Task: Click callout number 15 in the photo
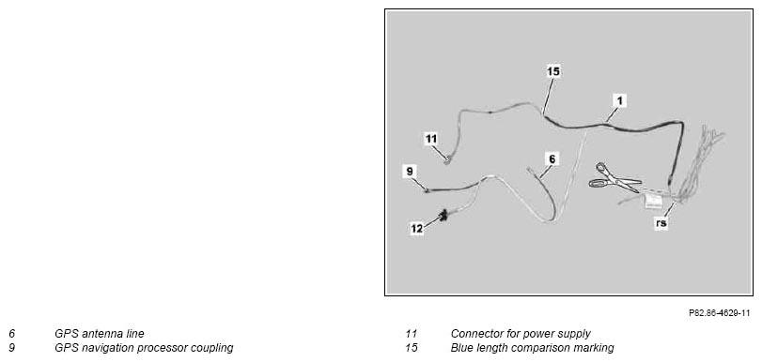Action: [x=553, y=72]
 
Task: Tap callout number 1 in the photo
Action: [x=619, y=101]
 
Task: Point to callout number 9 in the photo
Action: [x=410, y=172]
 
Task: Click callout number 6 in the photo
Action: [x=552, y=158]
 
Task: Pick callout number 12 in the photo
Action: [x=416, y=229]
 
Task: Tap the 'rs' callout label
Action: [x=661, y=223]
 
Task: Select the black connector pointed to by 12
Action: [x=103, y=216]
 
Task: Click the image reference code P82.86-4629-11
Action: [x=719, y=313]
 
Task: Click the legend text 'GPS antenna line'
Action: [x=100, y=334]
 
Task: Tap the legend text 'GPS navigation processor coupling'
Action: [x=144, y=348]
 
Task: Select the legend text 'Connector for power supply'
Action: [x=521, y=334]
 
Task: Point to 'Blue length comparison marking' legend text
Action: [x=532, y=348]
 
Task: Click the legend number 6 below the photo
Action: [x=11, y=334]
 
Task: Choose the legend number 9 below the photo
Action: [x=11, y=348]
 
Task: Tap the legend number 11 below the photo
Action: [x=412, y=334]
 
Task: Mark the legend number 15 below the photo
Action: [x=412, y=348]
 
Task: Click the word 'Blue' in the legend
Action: [x=461, y=348]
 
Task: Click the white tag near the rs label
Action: [x=654, y=201]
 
